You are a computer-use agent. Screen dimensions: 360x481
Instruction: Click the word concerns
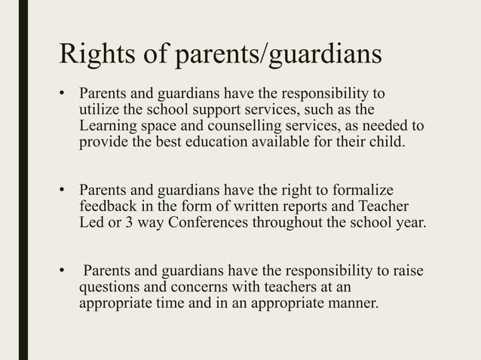[201, 287]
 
